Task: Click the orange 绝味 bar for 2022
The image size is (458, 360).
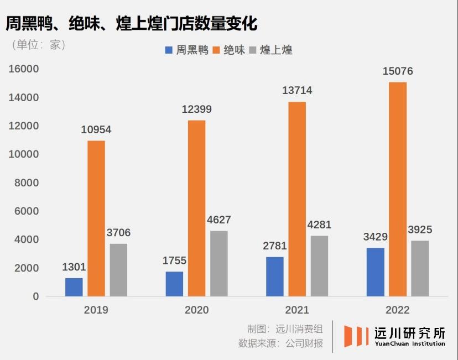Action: (397, 189)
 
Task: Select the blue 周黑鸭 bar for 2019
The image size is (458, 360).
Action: (74, 287)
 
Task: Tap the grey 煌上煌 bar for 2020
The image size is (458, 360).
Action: (218, 263)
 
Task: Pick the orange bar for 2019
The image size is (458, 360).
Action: (96, 218)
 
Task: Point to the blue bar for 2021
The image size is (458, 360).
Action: (275, 276)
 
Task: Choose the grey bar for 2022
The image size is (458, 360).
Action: (420, 268)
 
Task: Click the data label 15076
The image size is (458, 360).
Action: (398, 71)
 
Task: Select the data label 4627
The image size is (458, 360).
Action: (218, 220)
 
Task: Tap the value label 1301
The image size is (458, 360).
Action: (74, 268)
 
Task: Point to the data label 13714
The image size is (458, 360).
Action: (297, 91)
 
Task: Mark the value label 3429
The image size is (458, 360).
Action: (375, 237)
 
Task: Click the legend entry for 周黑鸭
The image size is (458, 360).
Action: (186, 50)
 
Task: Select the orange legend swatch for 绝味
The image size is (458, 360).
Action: (217, 50)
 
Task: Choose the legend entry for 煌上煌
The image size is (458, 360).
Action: (271, 50)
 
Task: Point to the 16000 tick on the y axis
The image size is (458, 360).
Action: (23, 69)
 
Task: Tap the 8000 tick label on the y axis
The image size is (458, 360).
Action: (27, 183)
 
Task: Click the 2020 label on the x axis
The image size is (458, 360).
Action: (196, 310)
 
